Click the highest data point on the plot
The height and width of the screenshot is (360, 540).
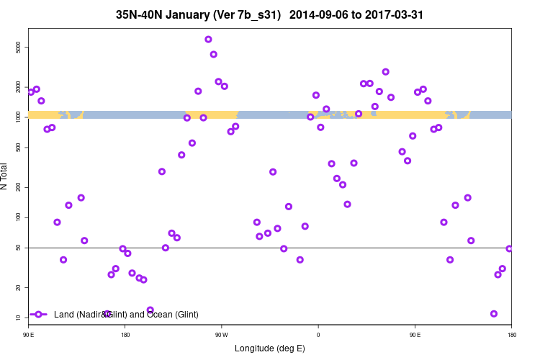208,40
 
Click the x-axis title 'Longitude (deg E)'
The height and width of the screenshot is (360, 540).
270,348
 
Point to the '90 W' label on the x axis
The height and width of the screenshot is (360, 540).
221,335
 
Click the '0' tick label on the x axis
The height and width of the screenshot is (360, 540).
318,335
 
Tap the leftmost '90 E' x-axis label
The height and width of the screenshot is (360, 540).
29,335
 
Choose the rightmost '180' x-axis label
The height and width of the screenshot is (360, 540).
511,335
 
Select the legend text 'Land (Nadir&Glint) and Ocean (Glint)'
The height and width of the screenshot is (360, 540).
126,314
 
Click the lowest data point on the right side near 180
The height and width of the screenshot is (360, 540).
494,314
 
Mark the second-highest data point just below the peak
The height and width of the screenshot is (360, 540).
214,54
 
